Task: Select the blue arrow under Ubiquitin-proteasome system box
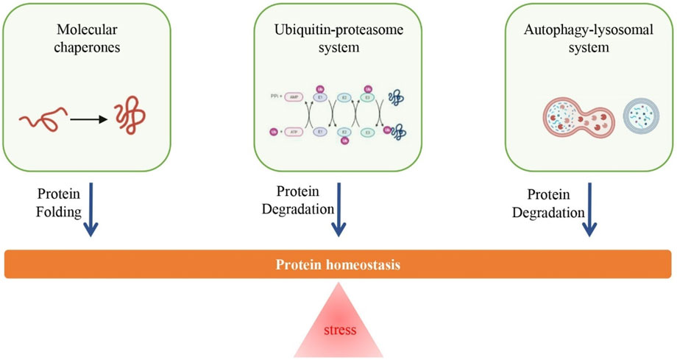338,209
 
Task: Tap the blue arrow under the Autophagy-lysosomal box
590,209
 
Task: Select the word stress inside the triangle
339,330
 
